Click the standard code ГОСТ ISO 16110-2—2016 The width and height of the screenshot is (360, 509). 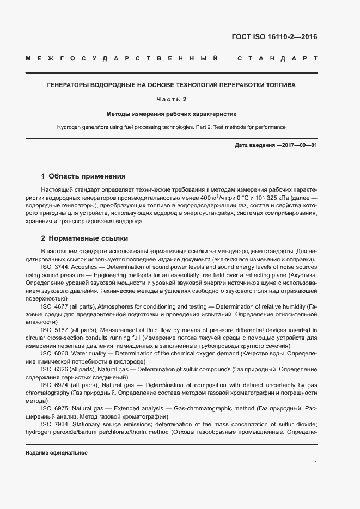(274, 37)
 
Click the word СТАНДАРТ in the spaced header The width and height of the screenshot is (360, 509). (277, 58)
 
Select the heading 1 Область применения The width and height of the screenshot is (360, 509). (83, 176)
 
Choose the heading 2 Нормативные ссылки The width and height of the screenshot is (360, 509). (84, 238)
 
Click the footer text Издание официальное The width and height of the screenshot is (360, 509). (57, 453)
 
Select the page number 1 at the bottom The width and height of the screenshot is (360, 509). (316, 463)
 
